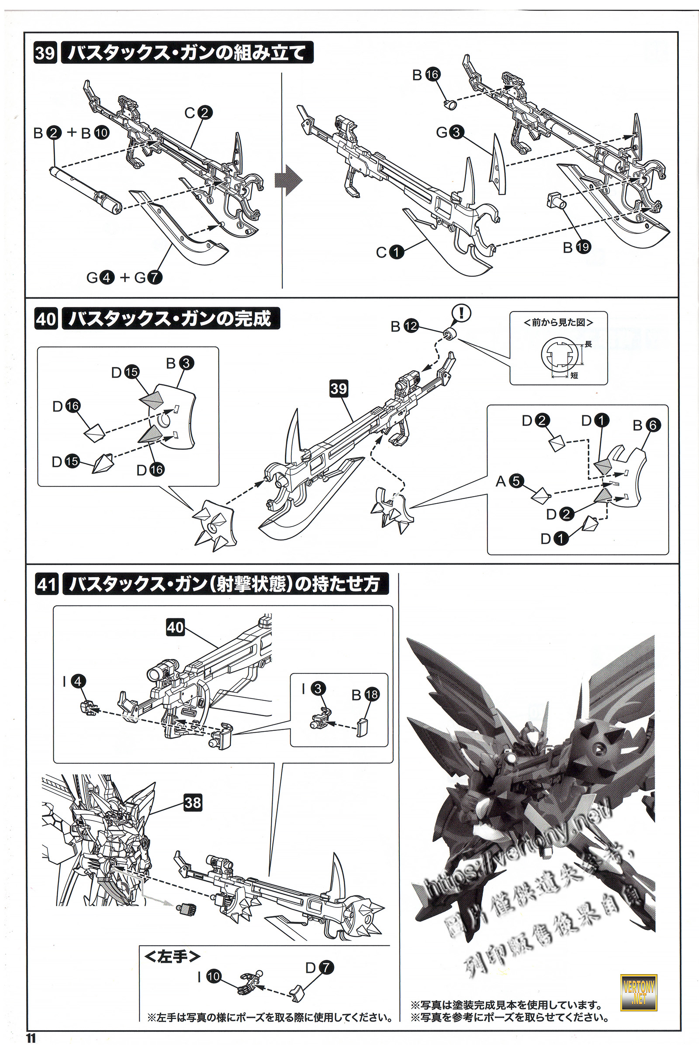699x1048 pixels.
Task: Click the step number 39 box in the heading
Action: [45, 53]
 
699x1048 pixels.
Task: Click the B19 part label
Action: [577, 247]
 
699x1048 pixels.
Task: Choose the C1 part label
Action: [390, 252]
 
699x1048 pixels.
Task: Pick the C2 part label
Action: [198, 113]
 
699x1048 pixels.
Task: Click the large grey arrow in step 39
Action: [288, 180]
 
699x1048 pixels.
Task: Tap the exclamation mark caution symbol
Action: [461, 313]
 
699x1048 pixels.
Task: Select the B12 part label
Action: [405, 327]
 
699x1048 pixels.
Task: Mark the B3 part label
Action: [180, 363]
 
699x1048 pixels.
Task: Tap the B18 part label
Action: [366, 694]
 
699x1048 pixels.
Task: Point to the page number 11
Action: [30, 1038]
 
